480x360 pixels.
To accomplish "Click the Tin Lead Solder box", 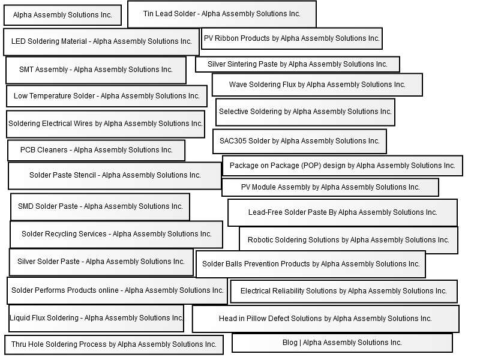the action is (x=221, y=14).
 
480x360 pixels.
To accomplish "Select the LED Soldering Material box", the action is (x=101, y=42).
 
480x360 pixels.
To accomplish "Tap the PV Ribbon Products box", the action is (x=292, y=38).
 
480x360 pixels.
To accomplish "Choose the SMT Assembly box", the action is (x=96, y=70).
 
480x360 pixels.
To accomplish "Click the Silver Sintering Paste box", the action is (x=298, y=64).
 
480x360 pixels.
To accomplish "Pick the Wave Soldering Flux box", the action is (x=317, y=85).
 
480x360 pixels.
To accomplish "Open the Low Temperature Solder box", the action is (x=107, y=96).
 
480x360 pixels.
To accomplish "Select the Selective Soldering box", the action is (x=305, y=112).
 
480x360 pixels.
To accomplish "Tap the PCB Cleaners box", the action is (x=96, y=151).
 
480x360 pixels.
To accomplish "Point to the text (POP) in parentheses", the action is (x=311, y=166).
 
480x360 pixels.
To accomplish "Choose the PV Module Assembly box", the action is (x=330, y=187).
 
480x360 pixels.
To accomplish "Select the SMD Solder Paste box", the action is (x=100, y=206).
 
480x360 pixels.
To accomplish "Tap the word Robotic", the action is (x=260, y=240).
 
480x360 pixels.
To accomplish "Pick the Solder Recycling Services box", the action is (x=116, y=235).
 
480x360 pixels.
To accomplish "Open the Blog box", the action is (x=342, y=343).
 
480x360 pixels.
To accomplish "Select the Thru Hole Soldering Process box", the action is (x=114, y=344).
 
